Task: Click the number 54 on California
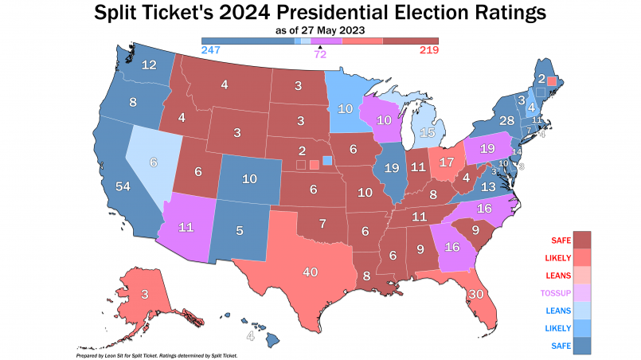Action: (x=123, y=186)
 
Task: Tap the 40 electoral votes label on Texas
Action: (x=311, y=272)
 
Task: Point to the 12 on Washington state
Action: (x=148, y=65)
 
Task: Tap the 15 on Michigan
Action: (x=428, y=132)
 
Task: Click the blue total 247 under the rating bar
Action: (x=211, y=49)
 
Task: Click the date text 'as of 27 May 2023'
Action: (x=320, y=30)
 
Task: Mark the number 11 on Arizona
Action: (x=186, y=228)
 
